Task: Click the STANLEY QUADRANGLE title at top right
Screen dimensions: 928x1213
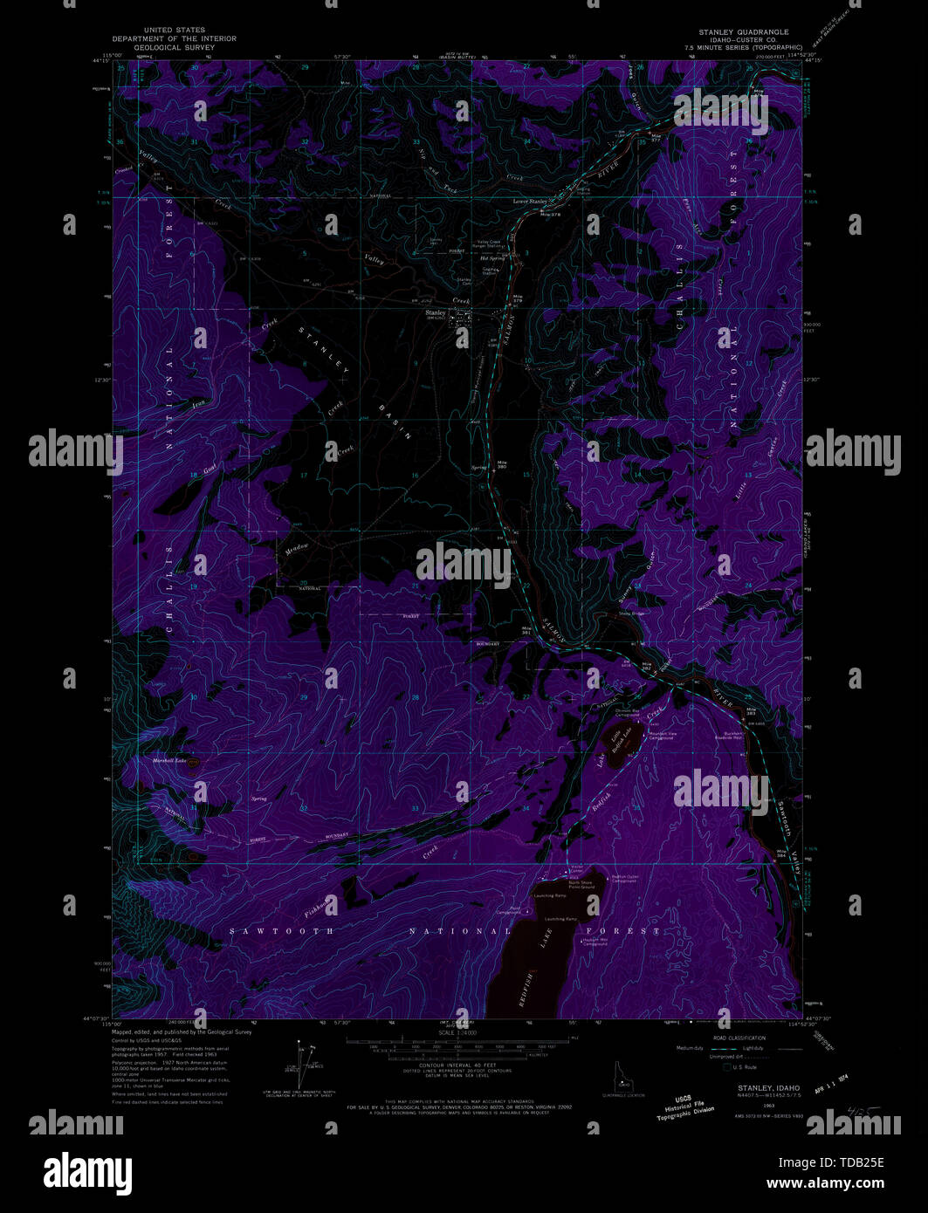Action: pyautogui.click(x=743, y=32)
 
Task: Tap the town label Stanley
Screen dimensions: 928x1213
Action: pyautogui.click(x=435, y=312)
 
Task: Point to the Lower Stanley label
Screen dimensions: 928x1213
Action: pyautogui.click(x=529, y=202)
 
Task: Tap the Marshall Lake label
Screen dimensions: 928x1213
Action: pyautogui.click(x=169, y=761)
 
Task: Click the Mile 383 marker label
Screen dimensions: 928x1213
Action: pyautogui.click(x=750, y=711)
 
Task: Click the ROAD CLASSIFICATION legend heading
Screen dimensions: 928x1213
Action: pyautogui.click(x=738, y=1038)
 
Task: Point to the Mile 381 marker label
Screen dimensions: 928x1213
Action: pyautogui.click(x=526, y=629)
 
